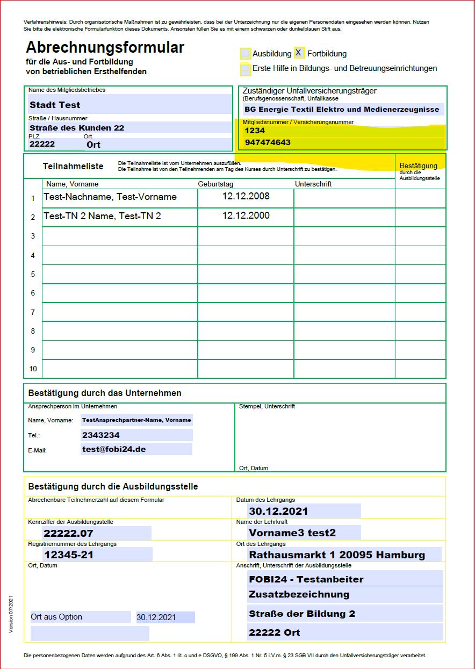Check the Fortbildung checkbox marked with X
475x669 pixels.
[x=299, y=53]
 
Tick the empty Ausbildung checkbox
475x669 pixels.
[x=246, y=54]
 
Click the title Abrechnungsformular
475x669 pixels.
[x=105, y=47]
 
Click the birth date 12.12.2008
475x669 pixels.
[x=246, y=196]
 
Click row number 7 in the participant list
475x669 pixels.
[x=33, y=312]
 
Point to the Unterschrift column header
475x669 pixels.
[x=313, y=184]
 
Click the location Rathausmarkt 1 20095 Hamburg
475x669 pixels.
[x=337, y=555]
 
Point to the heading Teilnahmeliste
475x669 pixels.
[x=73, y=167]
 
